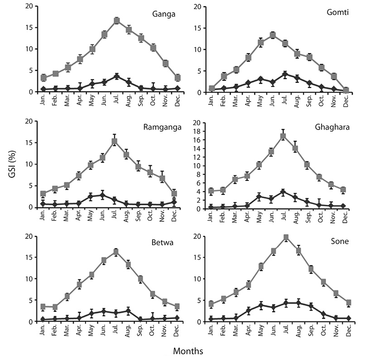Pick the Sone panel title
(x=340, y=241)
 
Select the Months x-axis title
(x=188, y=350)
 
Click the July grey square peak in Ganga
(x=116, y=20)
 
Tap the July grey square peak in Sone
(x=286, y=237)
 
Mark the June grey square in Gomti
(x=273, y=35)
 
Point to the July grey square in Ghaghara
(x=283, y=136)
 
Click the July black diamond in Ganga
(x=116, y=76)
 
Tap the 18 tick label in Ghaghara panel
(x=199, y=131)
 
